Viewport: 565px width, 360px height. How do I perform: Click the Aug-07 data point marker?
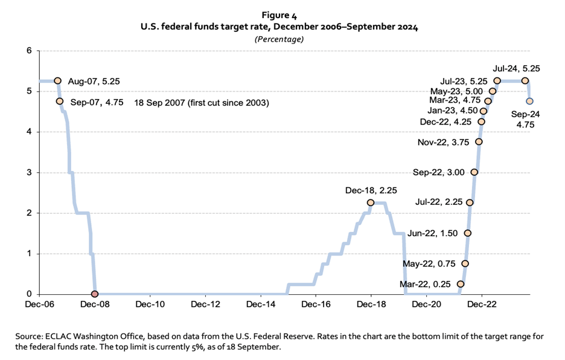(57, 80)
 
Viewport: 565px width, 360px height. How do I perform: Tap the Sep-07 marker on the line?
(60, 101)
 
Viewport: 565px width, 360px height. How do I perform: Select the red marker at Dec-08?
(94, 294)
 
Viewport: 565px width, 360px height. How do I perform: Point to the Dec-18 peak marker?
(370, 202)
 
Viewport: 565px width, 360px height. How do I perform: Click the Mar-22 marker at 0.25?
(461, 284)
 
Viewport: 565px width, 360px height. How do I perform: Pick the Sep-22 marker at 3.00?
(474, 172)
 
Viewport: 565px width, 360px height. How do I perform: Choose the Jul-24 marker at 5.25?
(525, 80)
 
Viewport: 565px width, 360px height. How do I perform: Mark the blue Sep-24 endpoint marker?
(529, 101)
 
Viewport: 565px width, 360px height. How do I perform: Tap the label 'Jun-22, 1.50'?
(433, 233)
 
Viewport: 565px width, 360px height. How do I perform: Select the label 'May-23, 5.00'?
(460, 91)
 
